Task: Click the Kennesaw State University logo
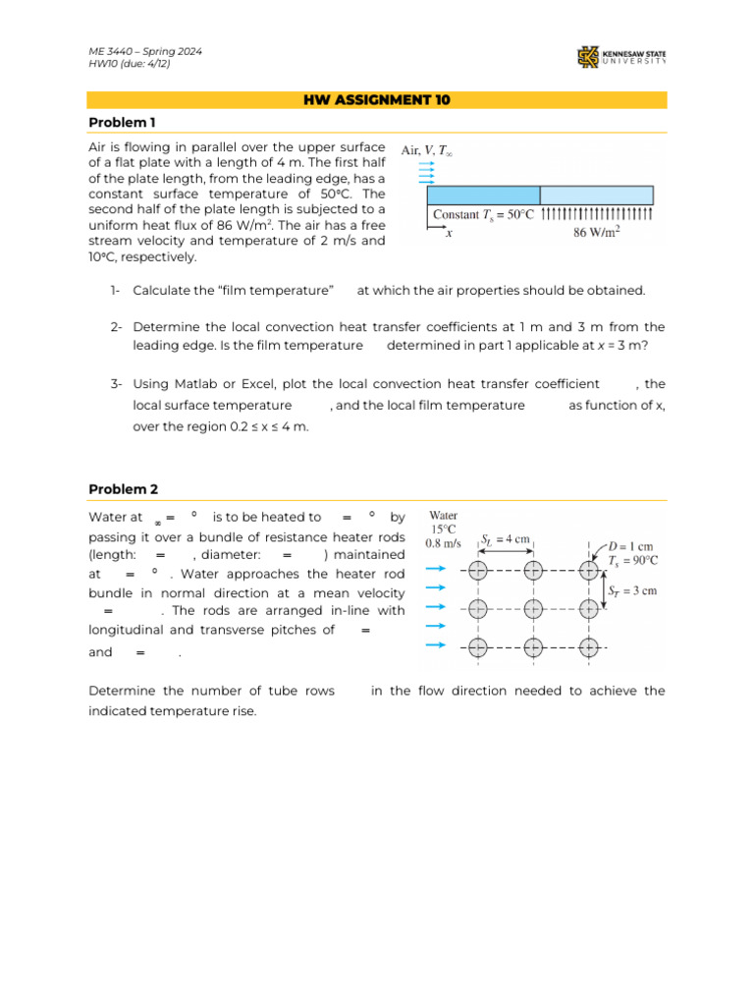tap(621, 58)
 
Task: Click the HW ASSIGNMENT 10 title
tap(377, 100)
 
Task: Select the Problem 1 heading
tap(122, 122)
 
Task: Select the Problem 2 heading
tap(123, 489)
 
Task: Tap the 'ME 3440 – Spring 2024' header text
tap(146, 51)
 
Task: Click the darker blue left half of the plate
tap(483, 195)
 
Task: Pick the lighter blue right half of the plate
tap(596, 195)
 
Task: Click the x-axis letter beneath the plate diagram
tap(449, 234)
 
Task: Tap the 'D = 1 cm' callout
tap(631, 545)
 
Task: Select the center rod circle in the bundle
tap(532, 608)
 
